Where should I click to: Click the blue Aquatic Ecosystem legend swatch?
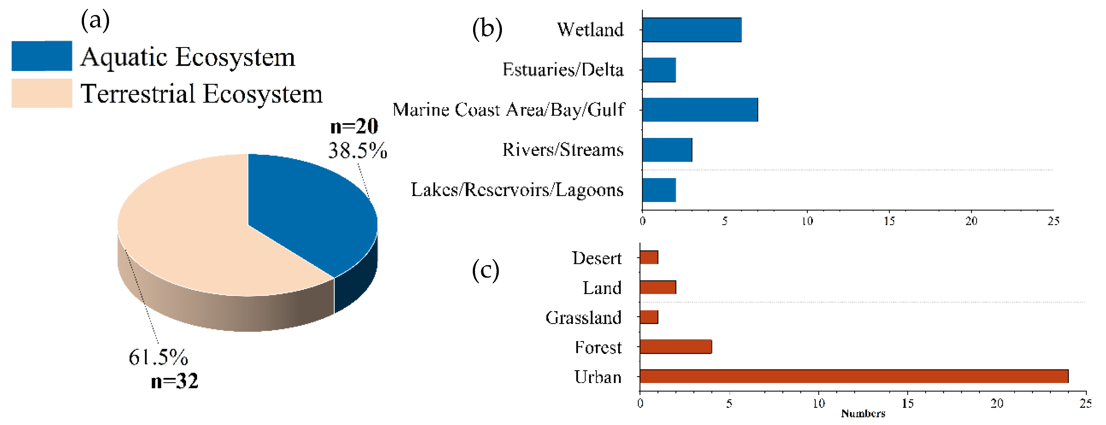coord(42,56)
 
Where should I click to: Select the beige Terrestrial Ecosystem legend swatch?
coord(42,93)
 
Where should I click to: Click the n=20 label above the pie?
coord(354,126)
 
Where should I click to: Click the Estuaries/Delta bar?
coord(659,70)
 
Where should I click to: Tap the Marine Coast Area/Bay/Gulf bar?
coord(700,110)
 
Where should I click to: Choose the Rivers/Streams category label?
coord(563,150)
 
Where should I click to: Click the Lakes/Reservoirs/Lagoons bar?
coord(659,190)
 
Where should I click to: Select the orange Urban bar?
coord(853,376)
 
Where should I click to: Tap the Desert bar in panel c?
coord(649,258)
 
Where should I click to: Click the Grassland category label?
coord(583,318)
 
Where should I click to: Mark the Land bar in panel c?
coord(658,287)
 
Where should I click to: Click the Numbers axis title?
coord(863,413)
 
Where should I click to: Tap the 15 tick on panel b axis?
coord(889,221)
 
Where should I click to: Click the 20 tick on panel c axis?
coord(997,404)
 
